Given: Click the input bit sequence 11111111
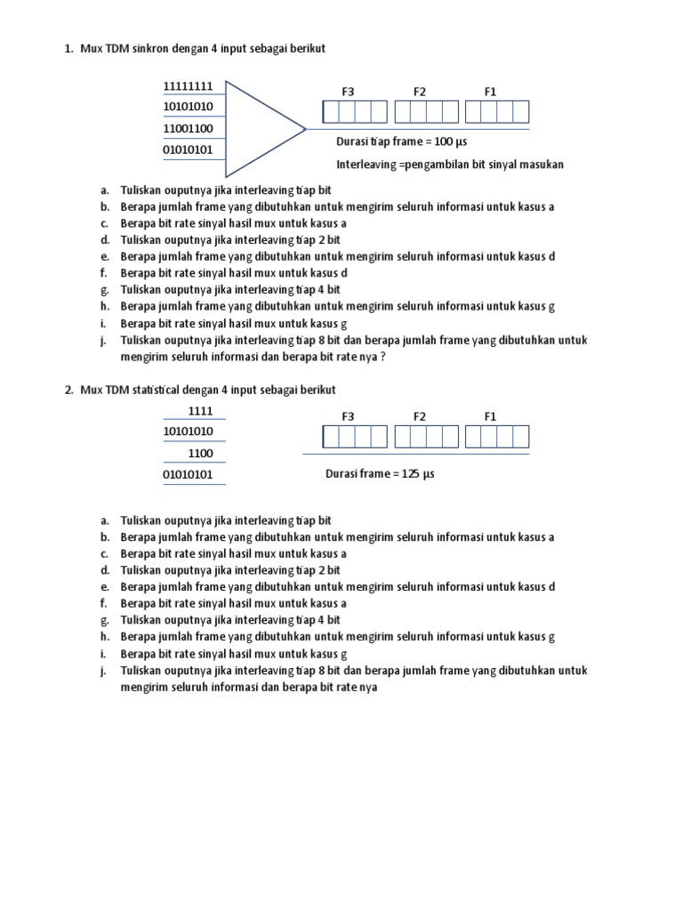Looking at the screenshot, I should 188,86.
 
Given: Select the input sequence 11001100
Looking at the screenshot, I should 188,128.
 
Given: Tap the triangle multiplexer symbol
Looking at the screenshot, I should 262,129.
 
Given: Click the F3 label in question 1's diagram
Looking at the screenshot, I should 348,92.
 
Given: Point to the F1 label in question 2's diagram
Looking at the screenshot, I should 490,416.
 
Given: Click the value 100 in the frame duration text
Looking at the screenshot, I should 444,142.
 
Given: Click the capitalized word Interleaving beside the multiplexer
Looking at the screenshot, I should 366,165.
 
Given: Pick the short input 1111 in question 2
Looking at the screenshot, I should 200,411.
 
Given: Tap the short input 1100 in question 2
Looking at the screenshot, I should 200,454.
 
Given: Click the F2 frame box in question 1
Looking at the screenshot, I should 426,112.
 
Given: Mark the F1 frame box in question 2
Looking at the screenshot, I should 497,437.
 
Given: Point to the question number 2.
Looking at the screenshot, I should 68,391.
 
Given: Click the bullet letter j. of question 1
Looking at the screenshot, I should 103,341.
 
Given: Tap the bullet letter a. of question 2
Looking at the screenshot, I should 104,520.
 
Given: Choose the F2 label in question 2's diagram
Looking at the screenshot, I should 420,416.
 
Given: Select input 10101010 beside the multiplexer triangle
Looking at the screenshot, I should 188,107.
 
